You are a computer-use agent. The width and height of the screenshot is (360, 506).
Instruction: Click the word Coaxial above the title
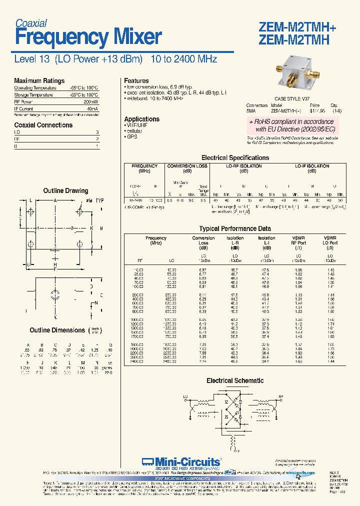point(31,23)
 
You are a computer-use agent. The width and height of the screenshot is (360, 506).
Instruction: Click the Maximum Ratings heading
point(39,80)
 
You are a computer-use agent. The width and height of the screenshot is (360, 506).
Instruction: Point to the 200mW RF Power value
point(91,101)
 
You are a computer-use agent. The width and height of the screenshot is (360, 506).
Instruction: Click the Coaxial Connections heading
point(43,125)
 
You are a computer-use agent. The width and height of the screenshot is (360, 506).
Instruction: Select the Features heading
point(136,80)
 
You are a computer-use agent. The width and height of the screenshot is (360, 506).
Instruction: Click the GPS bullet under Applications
point(131,136)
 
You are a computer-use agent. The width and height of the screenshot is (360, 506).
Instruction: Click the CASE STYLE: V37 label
point(293,99)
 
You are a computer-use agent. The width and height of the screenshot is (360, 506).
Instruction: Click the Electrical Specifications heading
point(235,157)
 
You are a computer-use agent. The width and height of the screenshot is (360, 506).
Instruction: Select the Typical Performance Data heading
point(235,228)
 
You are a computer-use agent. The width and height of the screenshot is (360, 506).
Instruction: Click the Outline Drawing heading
point(65,190)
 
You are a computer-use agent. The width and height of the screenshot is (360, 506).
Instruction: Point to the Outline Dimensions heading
point(57,330)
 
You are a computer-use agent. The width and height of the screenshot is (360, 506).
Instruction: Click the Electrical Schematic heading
point(235,380)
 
